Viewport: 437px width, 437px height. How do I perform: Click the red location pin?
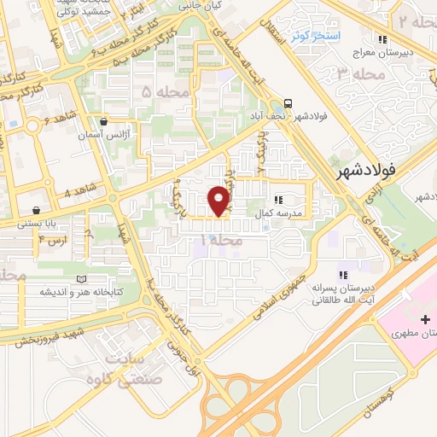tap(219, 201)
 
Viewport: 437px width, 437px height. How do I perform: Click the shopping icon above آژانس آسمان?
tap(103, 121)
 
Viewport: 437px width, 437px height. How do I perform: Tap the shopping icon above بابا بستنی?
tap(36, 210)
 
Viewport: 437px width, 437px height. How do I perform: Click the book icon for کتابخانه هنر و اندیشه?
tap(81, 278)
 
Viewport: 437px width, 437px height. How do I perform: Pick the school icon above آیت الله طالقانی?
tap(342, 275)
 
